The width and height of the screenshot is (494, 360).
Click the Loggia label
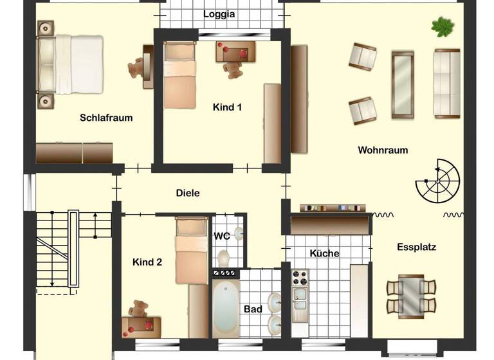pyautogui.click(x=219, y=14)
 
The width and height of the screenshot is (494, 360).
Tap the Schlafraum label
pyautogui.click(x=106, y=118)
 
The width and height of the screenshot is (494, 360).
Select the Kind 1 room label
pyautogui.click(x=227, y=107)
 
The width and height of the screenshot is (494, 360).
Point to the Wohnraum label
pyautogui.click(x=383, y=150)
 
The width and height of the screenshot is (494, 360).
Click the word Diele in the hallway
pyautogui.click(x=188, y=193)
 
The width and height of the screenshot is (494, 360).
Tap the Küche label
pyautogui.click(x=324, y=253)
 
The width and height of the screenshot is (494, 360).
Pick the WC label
pyautogui.click(x=221, y=236)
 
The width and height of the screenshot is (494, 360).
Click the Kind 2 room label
pyautogui.click(x=147, y=262)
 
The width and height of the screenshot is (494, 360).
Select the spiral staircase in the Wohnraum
pyautogui.click(x=437, y=181)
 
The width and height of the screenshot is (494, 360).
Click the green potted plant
pyautogui.click(x=443, y=27)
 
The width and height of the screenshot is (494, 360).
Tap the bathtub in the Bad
pyautogui.click(x=226, y=307)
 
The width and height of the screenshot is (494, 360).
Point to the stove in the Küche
pyautogui.click(x=300, y=278)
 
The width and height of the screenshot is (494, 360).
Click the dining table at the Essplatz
pyautogui.click(x=411, y=296)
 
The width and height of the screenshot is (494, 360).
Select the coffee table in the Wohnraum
pyautogui.click(x=403, y=84)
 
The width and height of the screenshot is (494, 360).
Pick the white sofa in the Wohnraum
pyautogui.click(x=446, y=83)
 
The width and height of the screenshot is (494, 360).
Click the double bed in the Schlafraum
pyautogui.click(x=70, y=64)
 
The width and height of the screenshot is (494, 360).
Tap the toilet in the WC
pyautogui.click(x=223, y=258)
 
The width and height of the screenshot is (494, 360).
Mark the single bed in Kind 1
pyautogui.click(x=179, y=75)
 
